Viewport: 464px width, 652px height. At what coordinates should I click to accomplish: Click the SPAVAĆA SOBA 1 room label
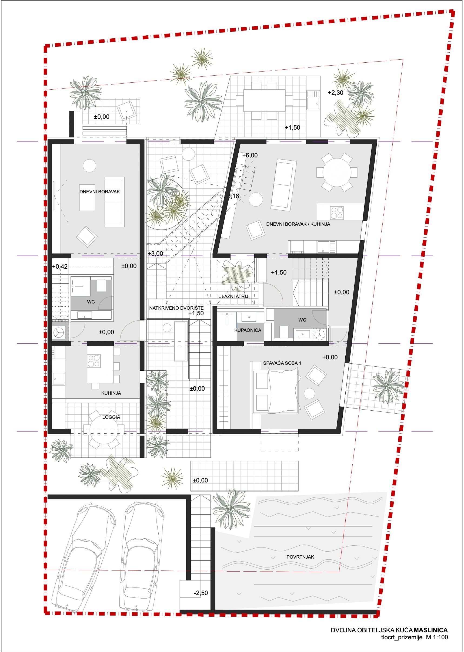pos(282,363)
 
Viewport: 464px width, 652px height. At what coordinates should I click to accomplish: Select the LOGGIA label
pos(111,417)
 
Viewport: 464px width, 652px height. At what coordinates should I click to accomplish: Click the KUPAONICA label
pos(248,330)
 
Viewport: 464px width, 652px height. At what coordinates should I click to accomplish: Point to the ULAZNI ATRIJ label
pos(233,296)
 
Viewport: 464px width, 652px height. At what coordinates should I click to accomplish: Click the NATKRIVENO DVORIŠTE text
pos(176,308)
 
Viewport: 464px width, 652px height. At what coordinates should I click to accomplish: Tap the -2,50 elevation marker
pos(201,593)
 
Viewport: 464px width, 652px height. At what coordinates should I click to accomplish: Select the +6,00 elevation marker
pos(250,155)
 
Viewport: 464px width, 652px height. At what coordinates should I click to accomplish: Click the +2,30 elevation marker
pos(335,93)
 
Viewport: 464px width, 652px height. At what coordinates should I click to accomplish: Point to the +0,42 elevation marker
pos(60,266)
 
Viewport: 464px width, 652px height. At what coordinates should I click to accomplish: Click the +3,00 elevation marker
pos(155,254)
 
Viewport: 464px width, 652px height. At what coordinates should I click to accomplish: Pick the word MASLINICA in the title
pos(430,630)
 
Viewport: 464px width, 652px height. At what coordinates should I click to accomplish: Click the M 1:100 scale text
pos(437,637)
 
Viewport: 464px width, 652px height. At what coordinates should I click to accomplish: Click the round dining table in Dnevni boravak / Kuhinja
pos(337,173)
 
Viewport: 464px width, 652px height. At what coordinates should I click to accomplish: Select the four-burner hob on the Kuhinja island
pos(94,360)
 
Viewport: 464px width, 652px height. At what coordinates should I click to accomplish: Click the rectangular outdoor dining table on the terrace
pos(264,100)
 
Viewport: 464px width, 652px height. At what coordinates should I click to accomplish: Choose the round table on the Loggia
pos(104,430)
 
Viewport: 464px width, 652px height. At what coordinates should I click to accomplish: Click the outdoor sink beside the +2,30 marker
pos(313,100)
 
